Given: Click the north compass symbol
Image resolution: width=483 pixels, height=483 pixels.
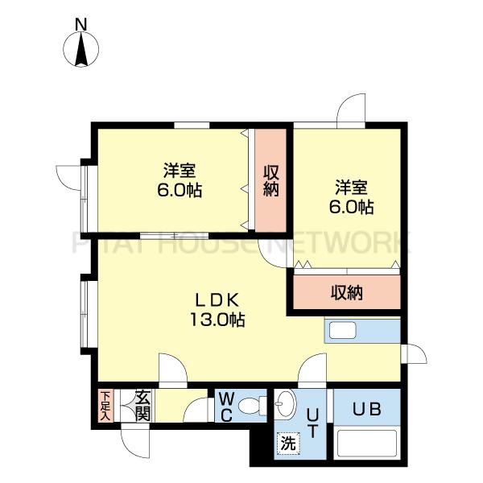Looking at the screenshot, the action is pyautogui.click(x=81, y=49).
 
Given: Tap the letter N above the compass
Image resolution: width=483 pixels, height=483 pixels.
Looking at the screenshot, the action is pyautogui.click(x=81, y=25).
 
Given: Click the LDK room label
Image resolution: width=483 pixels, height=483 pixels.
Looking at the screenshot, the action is pyautogui.click(x=217, y=300).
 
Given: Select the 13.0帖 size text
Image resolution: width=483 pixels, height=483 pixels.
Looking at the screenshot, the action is pyautogui.click(x=217, y=320).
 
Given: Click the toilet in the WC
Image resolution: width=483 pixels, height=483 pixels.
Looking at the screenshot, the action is pyautogui.click(x=253, y=406).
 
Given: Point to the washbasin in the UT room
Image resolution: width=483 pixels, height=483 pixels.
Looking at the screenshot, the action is pyautogui.click(x=285, y=403).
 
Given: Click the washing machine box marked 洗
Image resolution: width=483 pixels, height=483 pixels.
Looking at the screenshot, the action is pyautogui.click(x=288, y=444).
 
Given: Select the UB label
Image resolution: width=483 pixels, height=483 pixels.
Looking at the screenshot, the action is pyautogui.click(x=367, y=410).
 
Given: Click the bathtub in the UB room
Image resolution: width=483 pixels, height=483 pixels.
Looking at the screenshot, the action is pyautogui.click(x=367, y=443).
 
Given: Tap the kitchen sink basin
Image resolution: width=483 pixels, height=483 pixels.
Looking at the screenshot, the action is pyautogui.click(x=343, y=331).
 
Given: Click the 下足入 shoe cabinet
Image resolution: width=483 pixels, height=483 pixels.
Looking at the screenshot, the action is pyautogui.click(x=105, y=406).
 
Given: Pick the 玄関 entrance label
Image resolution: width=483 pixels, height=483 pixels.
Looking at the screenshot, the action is pyautogui.click(x=143, y=406).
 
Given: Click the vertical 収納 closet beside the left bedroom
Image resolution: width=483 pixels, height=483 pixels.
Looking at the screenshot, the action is pyautogui.click(x=270, y=180).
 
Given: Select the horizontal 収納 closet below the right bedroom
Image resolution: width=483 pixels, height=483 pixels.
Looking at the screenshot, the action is pyautogui.click(x=347, y=292).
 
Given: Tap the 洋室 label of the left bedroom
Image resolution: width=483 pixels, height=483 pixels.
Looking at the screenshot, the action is pyautogui.click(x=180, y=171).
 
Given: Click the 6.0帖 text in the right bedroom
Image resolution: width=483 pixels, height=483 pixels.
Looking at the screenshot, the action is pyautogui.click(x=352, y=207).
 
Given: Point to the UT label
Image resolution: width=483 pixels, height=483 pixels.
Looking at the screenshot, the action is pyautogui.click(x=312, y=423).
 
